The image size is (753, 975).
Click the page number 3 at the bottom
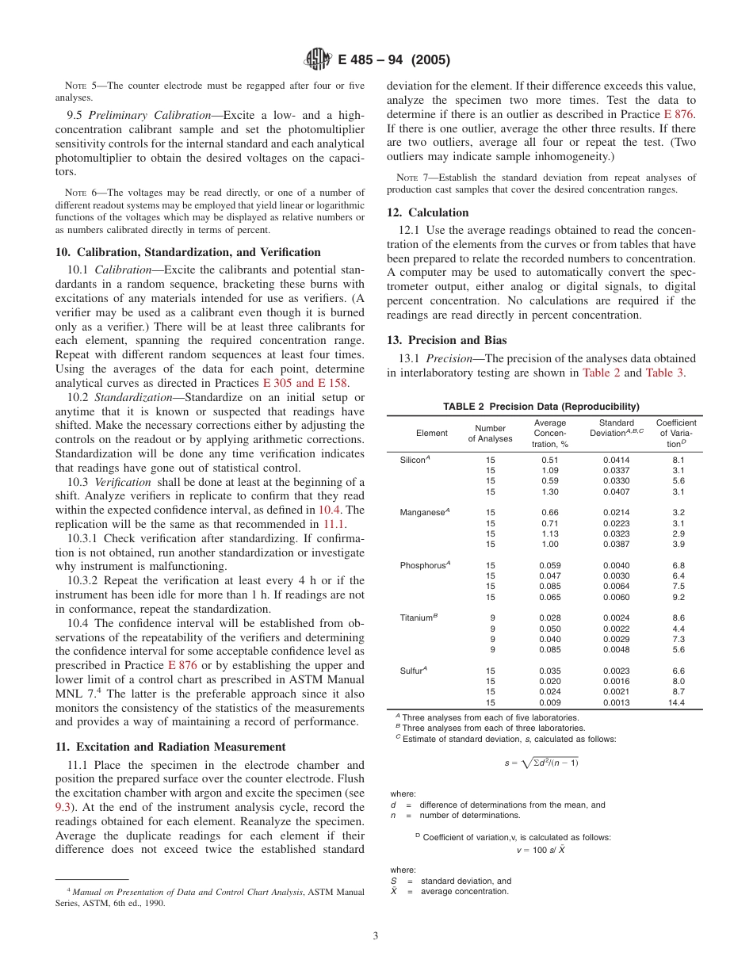click(376, 935)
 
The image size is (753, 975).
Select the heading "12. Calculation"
click(427, 212)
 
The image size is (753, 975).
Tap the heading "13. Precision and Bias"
click(446, 340)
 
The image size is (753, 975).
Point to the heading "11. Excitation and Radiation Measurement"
click(170, 747)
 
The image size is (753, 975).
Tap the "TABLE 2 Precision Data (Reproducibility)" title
click(541, 407)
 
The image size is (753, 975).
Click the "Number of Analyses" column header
click(490, 434)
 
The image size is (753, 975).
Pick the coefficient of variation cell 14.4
click(675, 702)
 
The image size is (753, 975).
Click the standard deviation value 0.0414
click(616, 460)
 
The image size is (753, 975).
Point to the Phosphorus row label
click(425, 564)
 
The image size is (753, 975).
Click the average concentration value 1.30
click(549, 491)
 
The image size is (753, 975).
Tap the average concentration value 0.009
click(549, 702)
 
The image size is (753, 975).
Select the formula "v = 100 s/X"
click(541, 850)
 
